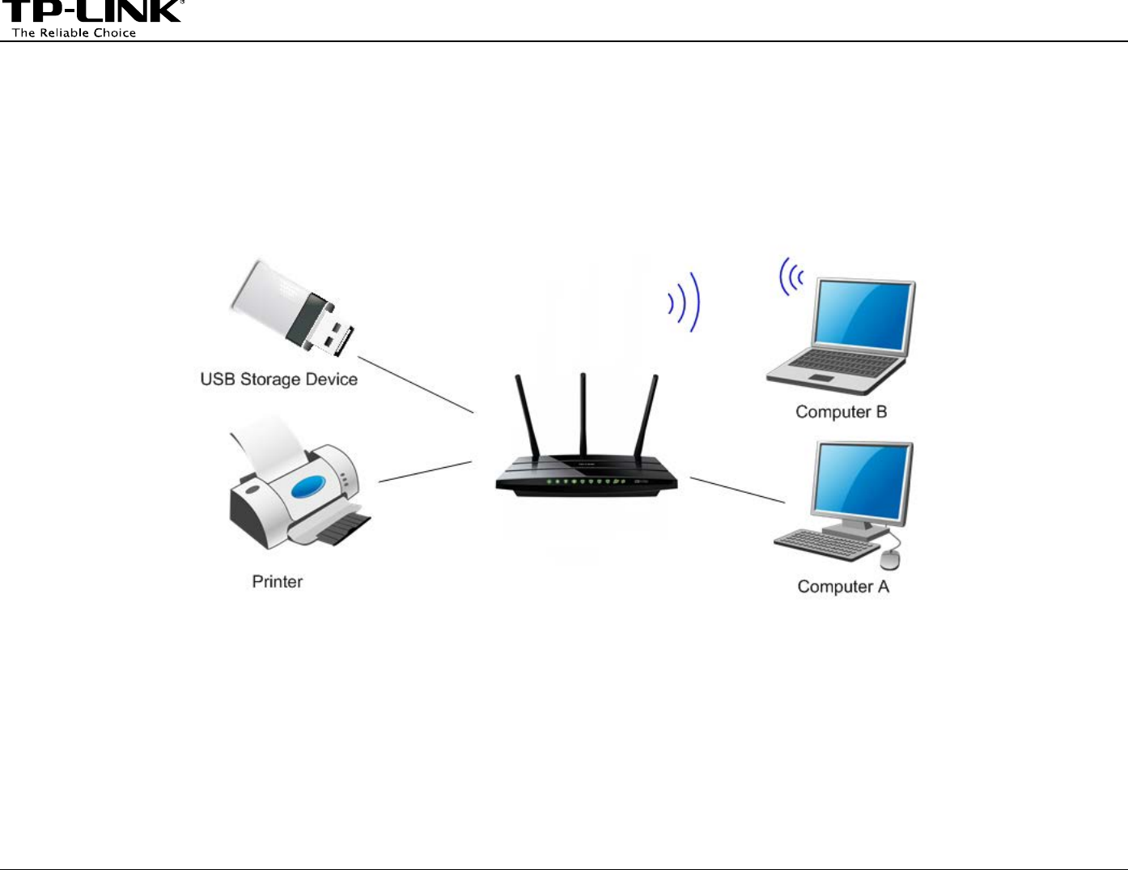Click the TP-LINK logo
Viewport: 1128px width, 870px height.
tap(92, 11)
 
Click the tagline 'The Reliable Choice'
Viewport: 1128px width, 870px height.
tap(74, 33)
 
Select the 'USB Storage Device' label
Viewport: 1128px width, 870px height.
tap(278, 380)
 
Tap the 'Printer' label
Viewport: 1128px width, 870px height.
tap(278, 582)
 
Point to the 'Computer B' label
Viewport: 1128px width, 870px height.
tap(841, 412)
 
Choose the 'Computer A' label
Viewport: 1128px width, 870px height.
tap(843, 587)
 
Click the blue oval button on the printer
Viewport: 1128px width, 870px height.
tap(308, 487)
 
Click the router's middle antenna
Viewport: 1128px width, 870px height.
tap(583, 413)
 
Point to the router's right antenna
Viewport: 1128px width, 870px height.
tap(646, 417)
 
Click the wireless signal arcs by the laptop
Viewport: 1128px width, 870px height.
tap(790, 277)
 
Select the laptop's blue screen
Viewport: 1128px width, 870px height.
tap(863, 316)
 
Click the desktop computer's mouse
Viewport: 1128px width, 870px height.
tap(889, 558)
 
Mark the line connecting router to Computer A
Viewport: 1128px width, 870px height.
tap(736, 490)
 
